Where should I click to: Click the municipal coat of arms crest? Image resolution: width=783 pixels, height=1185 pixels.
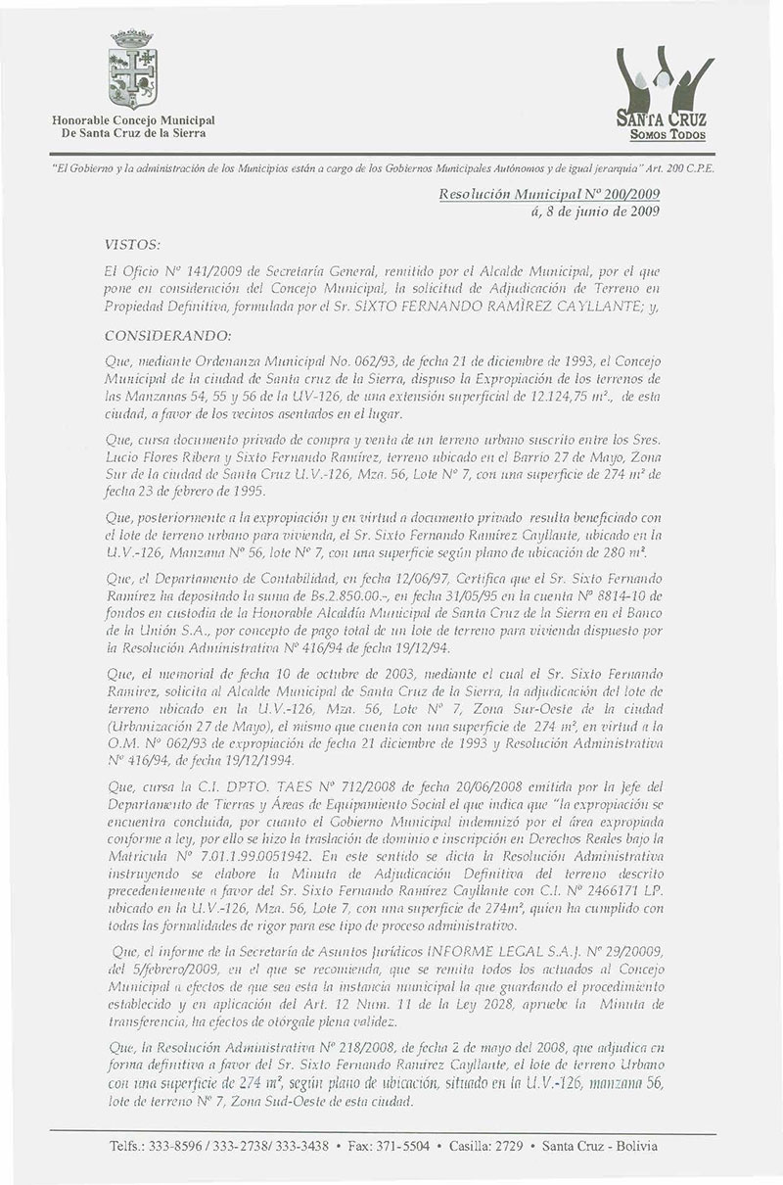click(132, 70)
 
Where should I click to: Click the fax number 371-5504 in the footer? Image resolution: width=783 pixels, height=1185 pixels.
click(401, 1146)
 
